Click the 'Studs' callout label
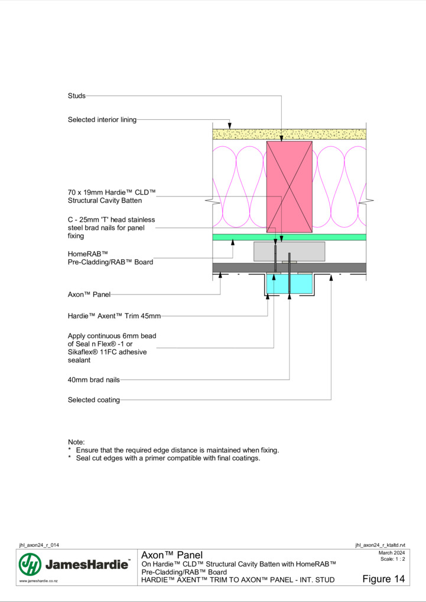pyautogui.click(x=76, y=96)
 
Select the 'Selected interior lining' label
pyautogui.click(x=102, y=119)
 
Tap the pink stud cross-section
pyautogui.click(x=289, y=187)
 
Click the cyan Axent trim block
pyautogui.click(x=289, y=284)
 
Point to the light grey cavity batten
pyautogui.click(x=289, y=251)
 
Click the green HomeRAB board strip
pyautogui.click(x=289, y=237)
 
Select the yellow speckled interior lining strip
pyautogui.click(x=289, y=135)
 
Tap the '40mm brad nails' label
pyautogui.click(x=93, y=379)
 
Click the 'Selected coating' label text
pyautogui.click(x=93, y=400)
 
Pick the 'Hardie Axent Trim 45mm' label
pyautogui.click(x=114, y=316)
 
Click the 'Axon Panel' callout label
pyautogui.click(x=89, y=295)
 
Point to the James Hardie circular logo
pyautogui.click(x=30, y=564)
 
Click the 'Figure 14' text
pyautogui.click(x=383, y=579)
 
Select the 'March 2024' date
pyautogui.click(x=391, y=553)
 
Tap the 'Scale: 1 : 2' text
pyautogui.click(x=392, y=559)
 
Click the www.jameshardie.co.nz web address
pyautogui.click(x=38, y=581)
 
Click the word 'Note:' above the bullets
pyautogui.click(x=76, y=442)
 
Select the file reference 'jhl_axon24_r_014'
pyautogui.click(x=39, y=545)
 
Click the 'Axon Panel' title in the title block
pyautogui.click(x=172, y=555)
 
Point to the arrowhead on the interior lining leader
pyautogui.click(x=229, y=126)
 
